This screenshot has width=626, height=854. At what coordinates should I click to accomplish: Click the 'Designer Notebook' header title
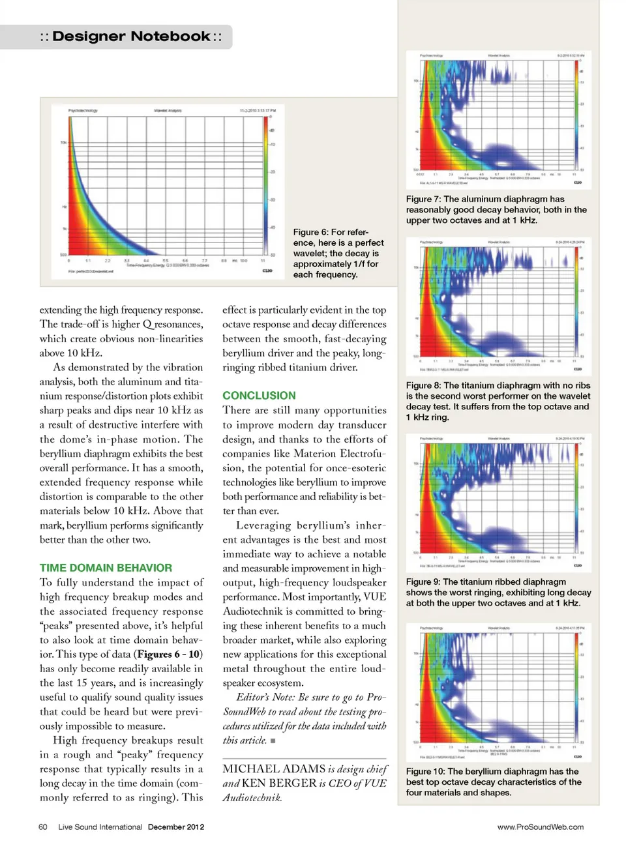pyautogui.click(x=131, y=37)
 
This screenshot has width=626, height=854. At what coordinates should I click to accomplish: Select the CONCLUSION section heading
pyautogui.click(x=259, y=396)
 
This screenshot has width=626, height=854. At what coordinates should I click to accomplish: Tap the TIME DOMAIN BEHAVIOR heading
pyautogui.click(x=106, y=568)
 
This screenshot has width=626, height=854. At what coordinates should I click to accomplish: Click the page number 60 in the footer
pyautogui.click(x=43, y=827)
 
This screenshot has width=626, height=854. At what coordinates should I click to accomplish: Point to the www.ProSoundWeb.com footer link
pyautogui.click(x=540, y=827)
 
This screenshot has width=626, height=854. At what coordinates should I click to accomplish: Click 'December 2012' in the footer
pyautogui.click(x=175, y=827)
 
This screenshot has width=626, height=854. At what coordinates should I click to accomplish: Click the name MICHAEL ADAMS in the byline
pyautogui.click(x=274, y=769)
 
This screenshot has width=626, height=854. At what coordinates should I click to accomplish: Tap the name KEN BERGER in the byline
pyautogui.click(x=279, y=784)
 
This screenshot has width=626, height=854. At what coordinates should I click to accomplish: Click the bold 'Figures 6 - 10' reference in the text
pyautogui.click(x=170, y=655)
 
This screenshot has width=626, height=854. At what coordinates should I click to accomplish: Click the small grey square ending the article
pyautogui.click(x=273, y=741)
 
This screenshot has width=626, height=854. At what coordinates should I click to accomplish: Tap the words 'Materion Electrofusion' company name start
pyautogui.click(x=339, y=454)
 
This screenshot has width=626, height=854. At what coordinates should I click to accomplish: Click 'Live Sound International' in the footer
pyautogui.click(x=100, y=827)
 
